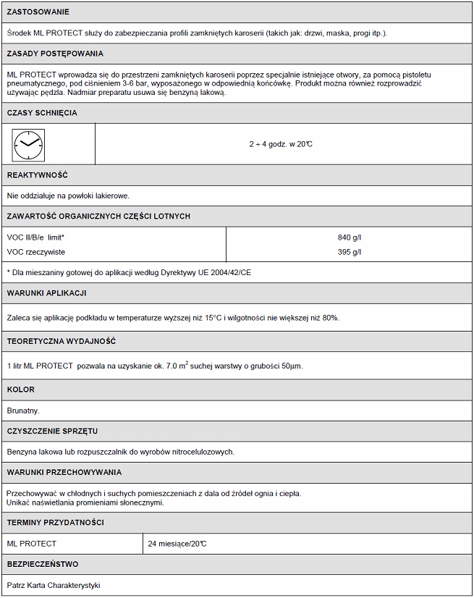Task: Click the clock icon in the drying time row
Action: (29, 144)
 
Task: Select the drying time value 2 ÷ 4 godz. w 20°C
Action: (281, 144)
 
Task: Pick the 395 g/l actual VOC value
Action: (350, 252)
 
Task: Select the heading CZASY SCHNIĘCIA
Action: (42, 113)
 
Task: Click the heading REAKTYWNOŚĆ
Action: (37, 175)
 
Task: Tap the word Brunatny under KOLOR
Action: (23, 410)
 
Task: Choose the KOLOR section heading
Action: (21, 389)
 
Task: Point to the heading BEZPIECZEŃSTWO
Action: (43, 563)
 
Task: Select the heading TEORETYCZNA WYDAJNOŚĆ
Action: (62, 341)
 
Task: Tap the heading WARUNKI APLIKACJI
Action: (47, 292)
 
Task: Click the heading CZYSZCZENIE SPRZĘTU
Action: (52, 431)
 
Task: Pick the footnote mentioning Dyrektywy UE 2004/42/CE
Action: (130, 272)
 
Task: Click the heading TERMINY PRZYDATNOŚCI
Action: (55, 522)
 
